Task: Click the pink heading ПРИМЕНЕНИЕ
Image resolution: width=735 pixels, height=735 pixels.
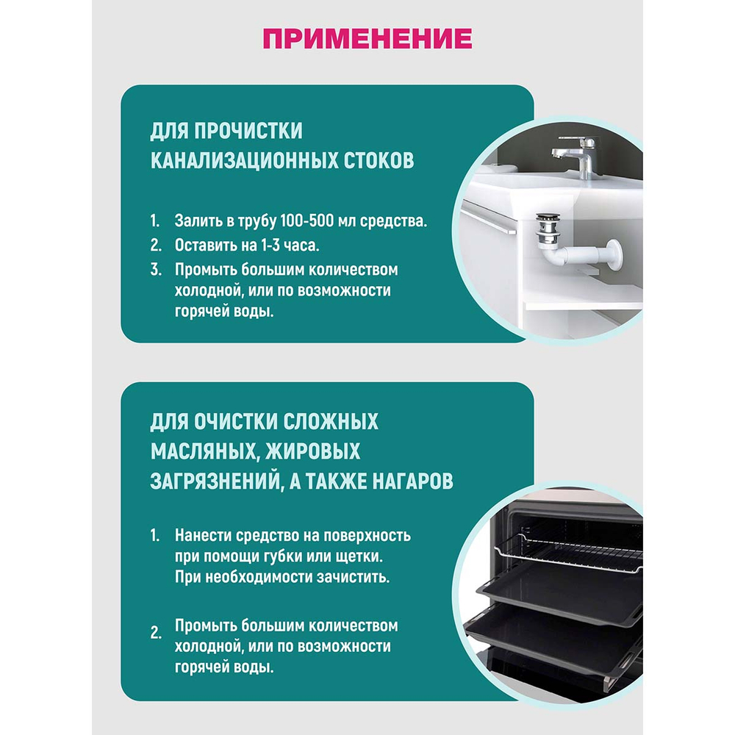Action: click(367, 37)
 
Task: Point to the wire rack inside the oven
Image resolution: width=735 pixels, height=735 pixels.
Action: click(581, 551)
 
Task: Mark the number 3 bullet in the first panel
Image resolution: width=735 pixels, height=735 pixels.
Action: click(155, 269)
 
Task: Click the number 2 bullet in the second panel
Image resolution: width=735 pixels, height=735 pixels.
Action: click(155, 631)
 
